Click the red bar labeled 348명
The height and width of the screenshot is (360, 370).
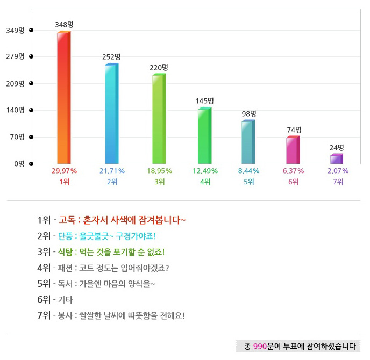(63, 97)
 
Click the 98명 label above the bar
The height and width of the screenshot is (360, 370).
(248, 113)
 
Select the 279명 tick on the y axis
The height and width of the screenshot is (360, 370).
(15, 56)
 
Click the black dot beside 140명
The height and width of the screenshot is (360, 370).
(31, 110)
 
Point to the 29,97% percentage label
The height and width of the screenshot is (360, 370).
(64, 171)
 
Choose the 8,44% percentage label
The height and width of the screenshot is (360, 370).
(248, 171)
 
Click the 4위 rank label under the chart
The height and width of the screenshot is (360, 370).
(205, 182)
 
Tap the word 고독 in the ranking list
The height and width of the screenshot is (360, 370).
(67, 220)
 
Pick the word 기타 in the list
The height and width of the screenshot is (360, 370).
(66, 299)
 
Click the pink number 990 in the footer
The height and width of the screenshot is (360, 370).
(260, 346)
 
